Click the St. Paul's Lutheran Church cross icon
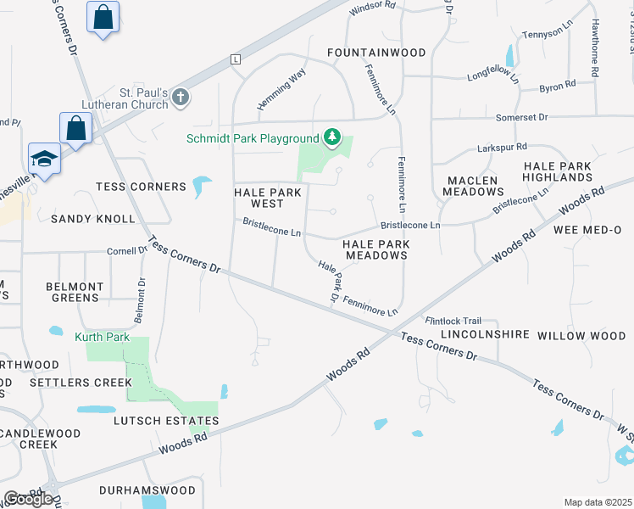pyautogui.click(x=180, y=98)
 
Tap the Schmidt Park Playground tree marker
pyautogui.click(x=333, y=137)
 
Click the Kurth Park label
pyautogui.click(x=102, y=337)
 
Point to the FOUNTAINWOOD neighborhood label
pyautogui.click(x=376, y=53)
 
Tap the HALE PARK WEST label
pyautogui.click(x=259, y=198)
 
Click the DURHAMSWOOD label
pyautogui.click(x=147, y=490)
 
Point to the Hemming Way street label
pyautogui.click(x=281, y=91)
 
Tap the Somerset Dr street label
pyautogui.click(x=522, y=117)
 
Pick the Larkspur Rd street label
pyautogui.click(x=503, y=146)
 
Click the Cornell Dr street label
pyautogui.click(x=127, y=251)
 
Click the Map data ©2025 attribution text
pyautogui.click(x=598, y=502)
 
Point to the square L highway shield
pyautogui.click(x=235, y=59)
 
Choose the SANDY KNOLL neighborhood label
pyautogui.click(x=92, y=218)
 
